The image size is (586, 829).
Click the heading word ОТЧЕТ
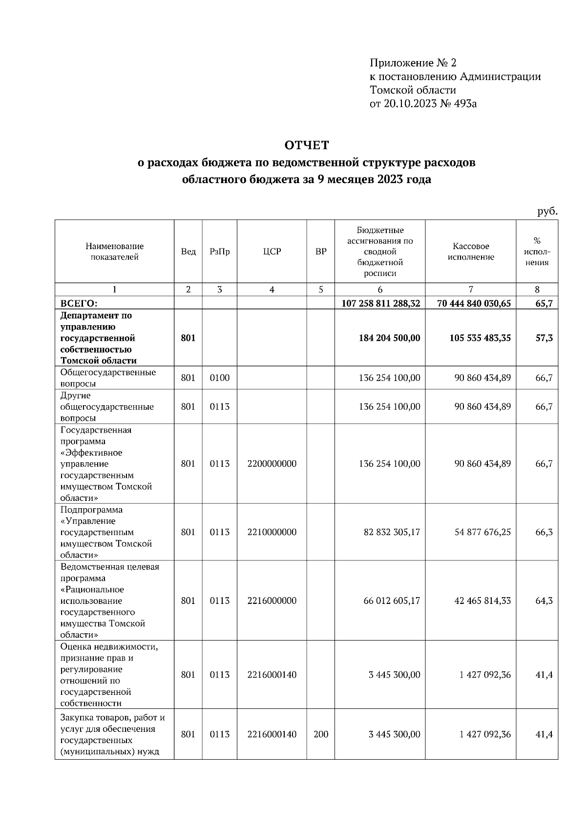tap(307, 145)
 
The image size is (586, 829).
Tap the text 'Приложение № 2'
tap(413, 63)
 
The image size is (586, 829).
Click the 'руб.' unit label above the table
tap(547, 211)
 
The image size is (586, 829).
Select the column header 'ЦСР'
tap(272, 251)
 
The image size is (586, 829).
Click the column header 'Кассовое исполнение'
tap(470, 251)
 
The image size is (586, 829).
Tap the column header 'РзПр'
tap(219, 251)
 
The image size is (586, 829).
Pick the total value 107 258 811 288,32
tap(380, 303)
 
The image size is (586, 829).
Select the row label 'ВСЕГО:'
tap(79, 303)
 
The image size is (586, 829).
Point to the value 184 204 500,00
tap(389, 338)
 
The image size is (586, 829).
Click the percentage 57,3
tap(544, 338)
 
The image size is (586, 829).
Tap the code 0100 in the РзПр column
tap(219, 378)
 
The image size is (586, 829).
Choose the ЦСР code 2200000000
tap(272, 464)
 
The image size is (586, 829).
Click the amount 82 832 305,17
tap(392, 532)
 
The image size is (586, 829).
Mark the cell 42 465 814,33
tap(482, 601)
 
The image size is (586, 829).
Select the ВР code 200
tap(320, 734)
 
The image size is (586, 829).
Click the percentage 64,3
tap(544, 601)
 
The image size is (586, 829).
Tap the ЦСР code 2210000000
tap(272, 532)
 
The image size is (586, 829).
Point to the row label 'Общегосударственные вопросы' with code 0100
tap(108, 378)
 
